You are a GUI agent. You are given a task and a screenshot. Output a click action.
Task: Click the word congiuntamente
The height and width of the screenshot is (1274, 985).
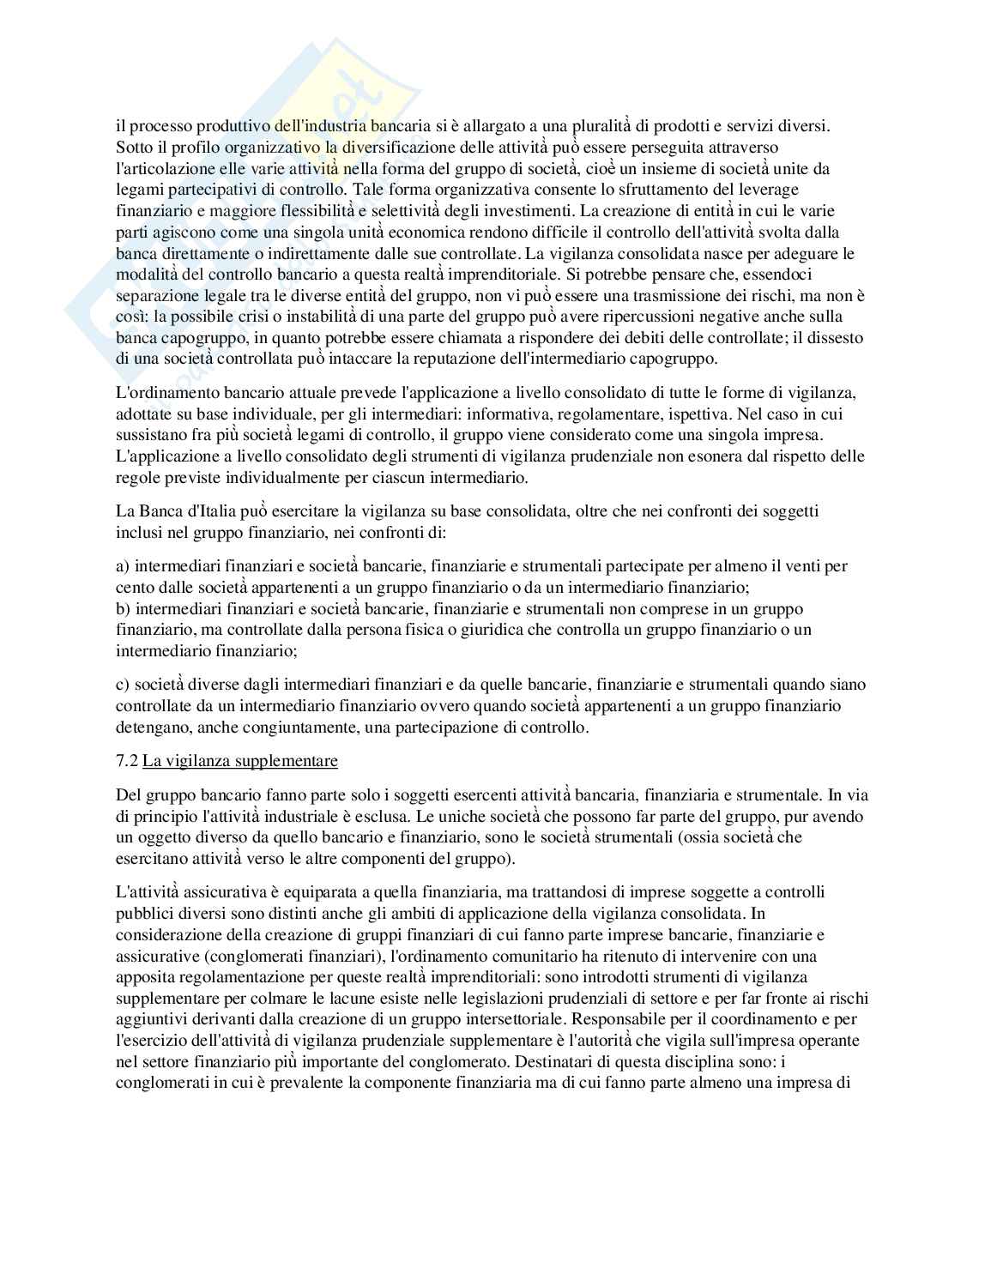point(310,728)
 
